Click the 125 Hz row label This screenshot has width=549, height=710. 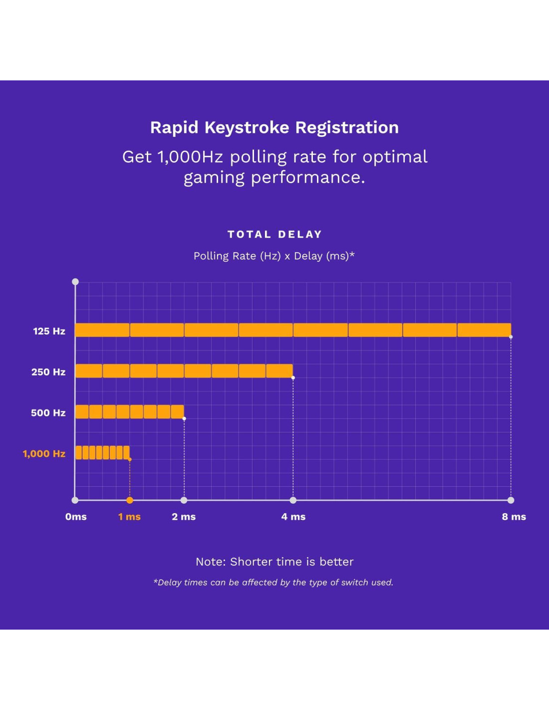(49, 331)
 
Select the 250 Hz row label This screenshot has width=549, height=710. (48, 372)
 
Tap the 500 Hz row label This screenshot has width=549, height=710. (48, 413)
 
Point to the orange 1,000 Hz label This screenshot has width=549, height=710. (44, 454)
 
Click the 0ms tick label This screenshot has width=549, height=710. (76, 517)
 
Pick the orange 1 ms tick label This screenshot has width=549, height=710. (129, 517)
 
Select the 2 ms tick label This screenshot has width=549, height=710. (184, 517)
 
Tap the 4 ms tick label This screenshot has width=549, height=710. (293, 517)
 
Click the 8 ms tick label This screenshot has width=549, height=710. (514, 517)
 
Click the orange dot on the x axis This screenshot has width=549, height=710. (130, 500)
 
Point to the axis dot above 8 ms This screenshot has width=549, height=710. (511, 500)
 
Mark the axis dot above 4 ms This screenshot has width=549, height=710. (293, 500)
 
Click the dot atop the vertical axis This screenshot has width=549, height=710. (75, 282)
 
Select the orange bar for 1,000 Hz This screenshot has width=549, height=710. (102, 452)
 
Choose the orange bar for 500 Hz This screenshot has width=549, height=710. (130, 412)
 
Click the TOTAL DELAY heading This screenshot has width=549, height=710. (274, 234)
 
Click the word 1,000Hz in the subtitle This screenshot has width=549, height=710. (190, 157)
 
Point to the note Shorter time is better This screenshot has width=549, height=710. (274, 562)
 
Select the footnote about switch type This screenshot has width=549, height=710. (274, 582)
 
